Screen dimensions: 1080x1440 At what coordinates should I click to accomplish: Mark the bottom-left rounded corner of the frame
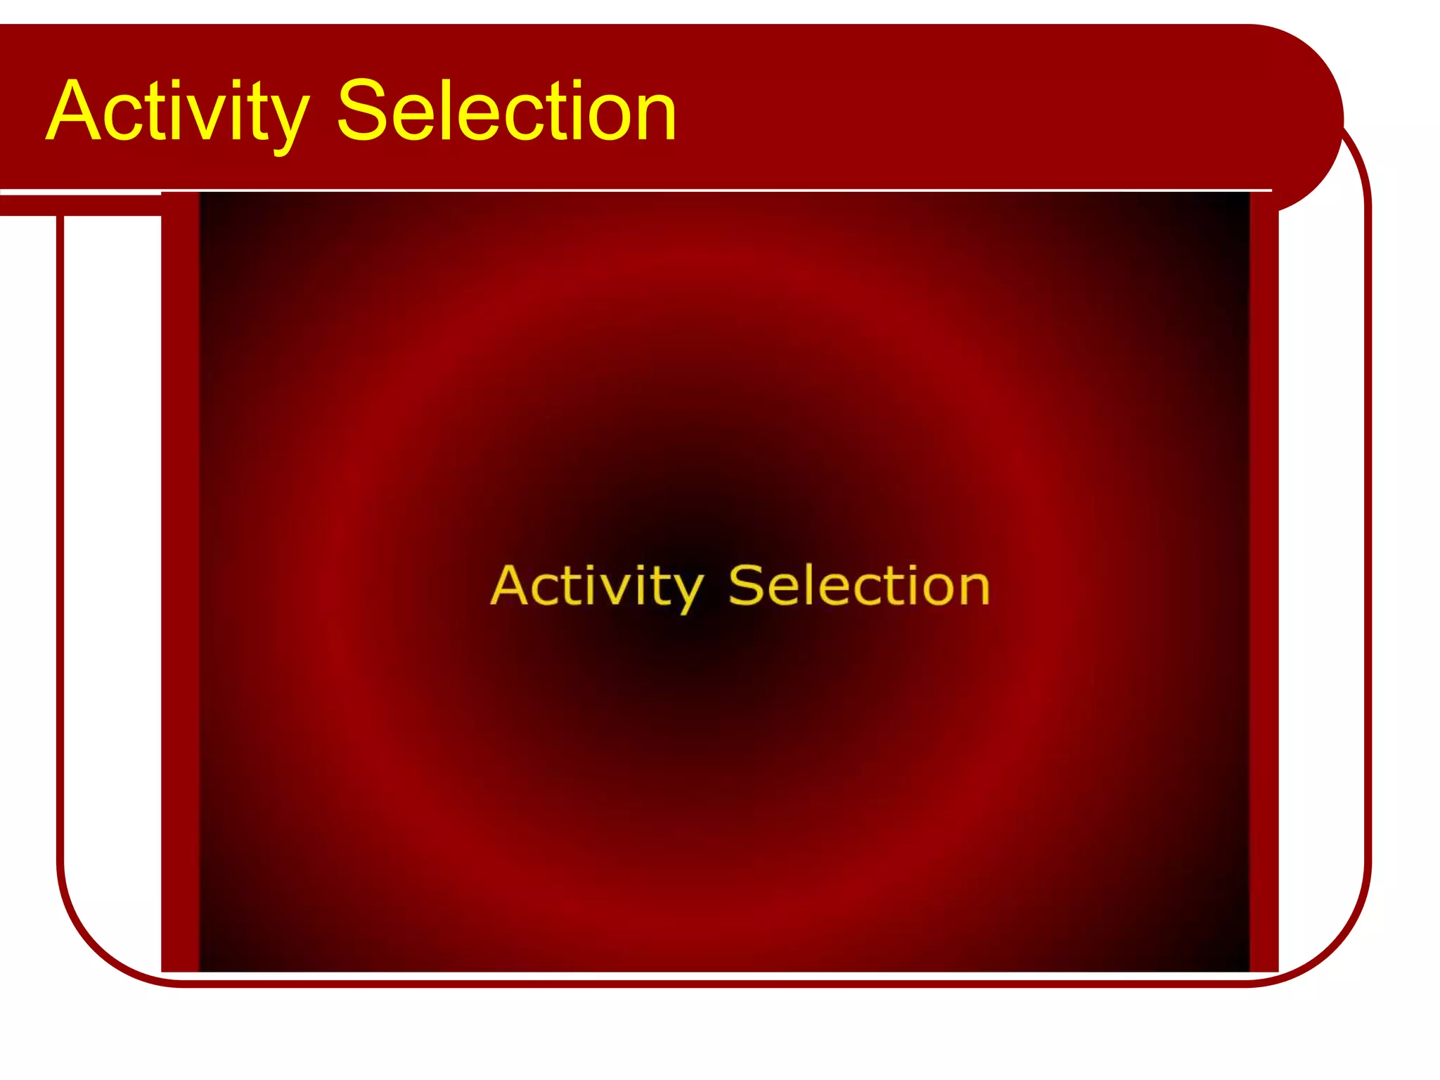98,942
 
